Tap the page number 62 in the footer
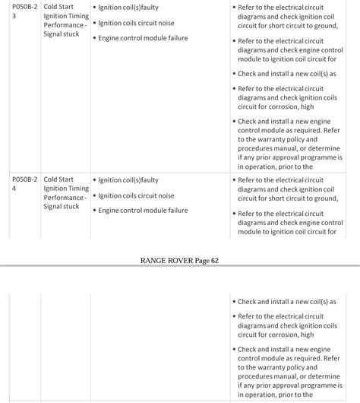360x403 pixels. [214, 261]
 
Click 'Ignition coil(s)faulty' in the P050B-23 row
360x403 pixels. [128, 8]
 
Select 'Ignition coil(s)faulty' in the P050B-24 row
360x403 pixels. [128, 180]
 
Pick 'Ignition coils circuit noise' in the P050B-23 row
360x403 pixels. [136, 23]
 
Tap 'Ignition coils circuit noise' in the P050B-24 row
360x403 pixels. [136, 195]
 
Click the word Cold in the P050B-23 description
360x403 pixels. [52, 7]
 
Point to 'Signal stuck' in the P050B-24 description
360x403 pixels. [62, 206]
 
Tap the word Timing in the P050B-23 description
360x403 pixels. [78, 16]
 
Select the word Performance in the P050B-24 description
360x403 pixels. [63, 198]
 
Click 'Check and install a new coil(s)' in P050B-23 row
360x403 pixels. [286, 74]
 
